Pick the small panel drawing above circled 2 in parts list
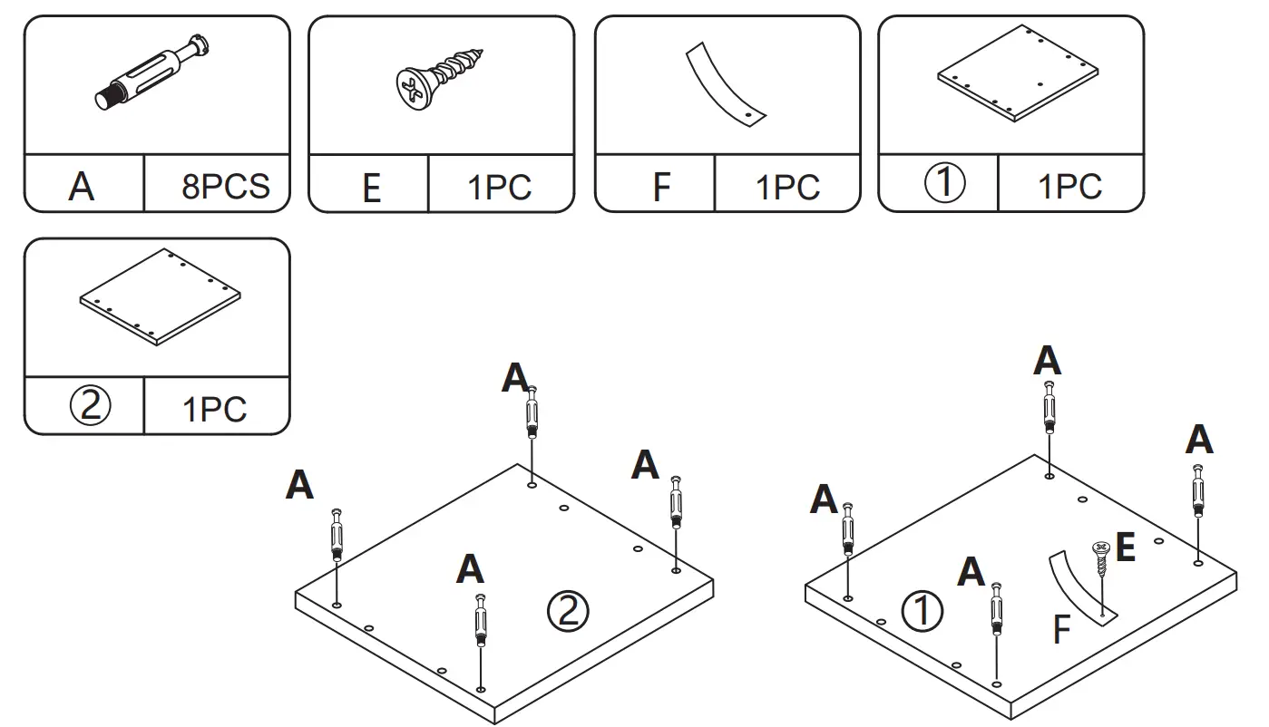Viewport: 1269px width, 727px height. pos(161,297)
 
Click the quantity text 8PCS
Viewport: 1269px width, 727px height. pos(225,187)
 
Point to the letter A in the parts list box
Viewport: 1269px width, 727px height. pos(82,188)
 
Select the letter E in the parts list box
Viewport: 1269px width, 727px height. pos(371,189)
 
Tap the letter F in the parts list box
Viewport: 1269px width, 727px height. pos(661,189)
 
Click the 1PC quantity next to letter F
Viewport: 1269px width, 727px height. pos(787,189)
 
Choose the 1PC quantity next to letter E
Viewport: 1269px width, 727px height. pos(500,189)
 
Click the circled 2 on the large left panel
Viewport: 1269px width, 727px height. pos(568,613)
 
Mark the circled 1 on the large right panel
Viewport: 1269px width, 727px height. pos(922,613)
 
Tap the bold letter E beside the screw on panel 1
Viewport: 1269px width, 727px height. pos(1125,548)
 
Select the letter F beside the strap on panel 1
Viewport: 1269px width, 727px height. pos(1061,630)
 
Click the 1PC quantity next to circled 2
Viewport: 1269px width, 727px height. pos(214,409)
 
